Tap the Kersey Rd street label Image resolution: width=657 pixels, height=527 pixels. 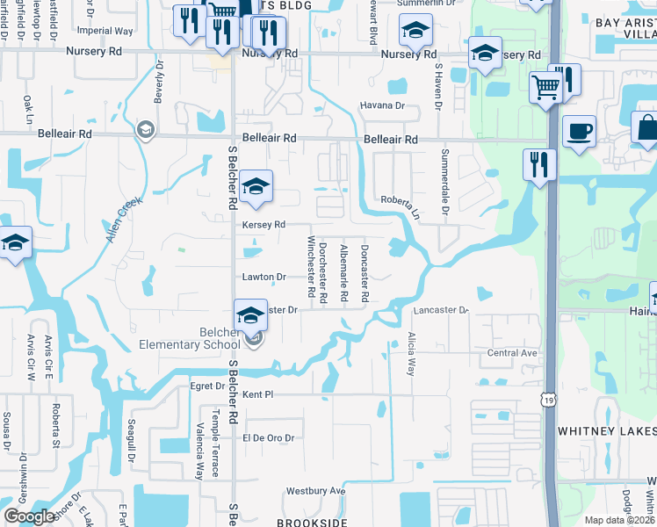tap(264, 225)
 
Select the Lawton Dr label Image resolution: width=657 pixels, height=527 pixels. tap(264, 277)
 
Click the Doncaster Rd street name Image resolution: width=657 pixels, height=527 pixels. tap(364, 272)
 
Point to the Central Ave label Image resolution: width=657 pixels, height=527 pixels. tap(512, 353)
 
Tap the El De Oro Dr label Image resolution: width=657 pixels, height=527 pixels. tap(268, 437)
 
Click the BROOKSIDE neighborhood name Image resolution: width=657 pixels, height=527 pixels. tap(307, 522)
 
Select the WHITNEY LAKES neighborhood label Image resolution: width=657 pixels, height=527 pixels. tap(607, 431)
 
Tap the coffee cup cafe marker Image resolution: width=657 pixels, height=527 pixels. tap(579, 132)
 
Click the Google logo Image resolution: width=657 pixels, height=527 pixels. tap(30, 516)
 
